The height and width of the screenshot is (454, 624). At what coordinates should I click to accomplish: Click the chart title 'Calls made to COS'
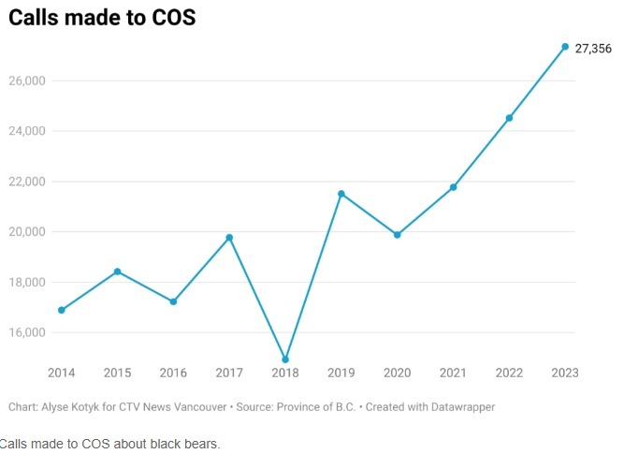102,18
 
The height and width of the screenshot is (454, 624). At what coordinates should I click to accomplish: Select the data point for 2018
285,359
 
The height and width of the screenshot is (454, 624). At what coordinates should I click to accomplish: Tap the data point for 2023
565,47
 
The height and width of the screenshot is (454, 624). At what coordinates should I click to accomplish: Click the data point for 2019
341,194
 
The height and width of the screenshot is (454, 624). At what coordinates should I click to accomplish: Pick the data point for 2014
62,310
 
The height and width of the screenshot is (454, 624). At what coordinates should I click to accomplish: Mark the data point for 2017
229,238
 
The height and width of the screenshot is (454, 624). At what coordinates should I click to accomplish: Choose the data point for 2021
453,187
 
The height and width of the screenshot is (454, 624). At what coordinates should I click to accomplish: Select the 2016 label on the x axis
173,373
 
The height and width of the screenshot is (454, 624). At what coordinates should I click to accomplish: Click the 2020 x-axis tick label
397,373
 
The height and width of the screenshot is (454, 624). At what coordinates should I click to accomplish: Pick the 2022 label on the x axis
509,373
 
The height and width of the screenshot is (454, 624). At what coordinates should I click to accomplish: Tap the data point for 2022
509,118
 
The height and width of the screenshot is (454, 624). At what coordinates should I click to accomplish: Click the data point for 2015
117,271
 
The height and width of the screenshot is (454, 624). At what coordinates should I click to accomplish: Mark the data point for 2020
397,235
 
